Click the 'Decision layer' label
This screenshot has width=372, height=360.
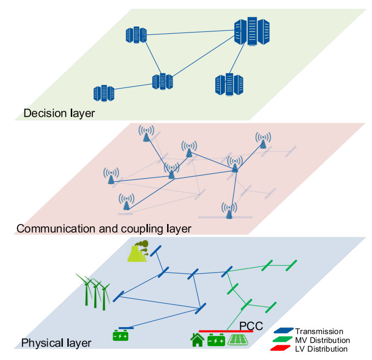click(59, 113)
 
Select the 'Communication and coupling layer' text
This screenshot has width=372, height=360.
click(104, 229)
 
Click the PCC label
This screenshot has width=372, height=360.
click(251, 326)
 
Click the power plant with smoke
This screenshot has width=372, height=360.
click(138, 251)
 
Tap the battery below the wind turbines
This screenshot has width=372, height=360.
click(121, 336)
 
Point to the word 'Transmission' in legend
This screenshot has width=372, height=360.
click(319, 332)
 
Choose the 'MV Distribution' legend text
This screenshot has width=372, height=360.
click(322, 340)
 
